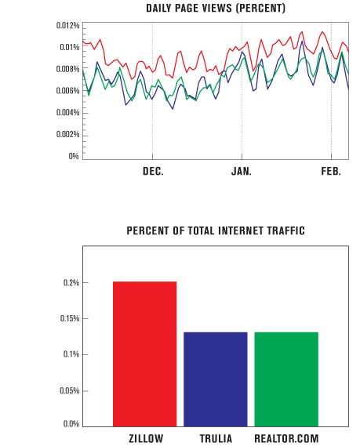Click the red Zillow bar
(144, 354)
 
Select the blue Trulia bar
(216, 379)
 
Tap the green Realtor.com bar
(286, 379)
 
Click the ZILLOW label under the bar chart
(146, 438)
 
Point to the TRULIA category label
(216, 438)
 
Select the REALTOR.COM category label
(286, 438)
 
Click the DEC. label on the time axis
(153, 171)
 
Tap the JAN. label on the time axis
(242, 171)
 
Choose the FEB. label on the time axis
(331, 171)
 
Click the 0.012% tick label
(67, 26)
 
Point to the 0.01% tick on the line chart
(70, 47)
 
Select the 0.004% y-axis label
(67, 113)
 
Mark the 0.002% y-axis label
(67, 134)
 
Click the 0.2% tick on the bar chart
(71, 283)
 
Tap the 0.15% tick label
(70, 318)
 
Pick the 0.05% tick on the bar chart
(70, 391)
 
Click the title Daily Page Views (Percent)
(216, 9)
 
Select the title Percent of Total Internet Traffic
(216, 230)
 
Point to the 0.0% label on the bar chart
(71, 424)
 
